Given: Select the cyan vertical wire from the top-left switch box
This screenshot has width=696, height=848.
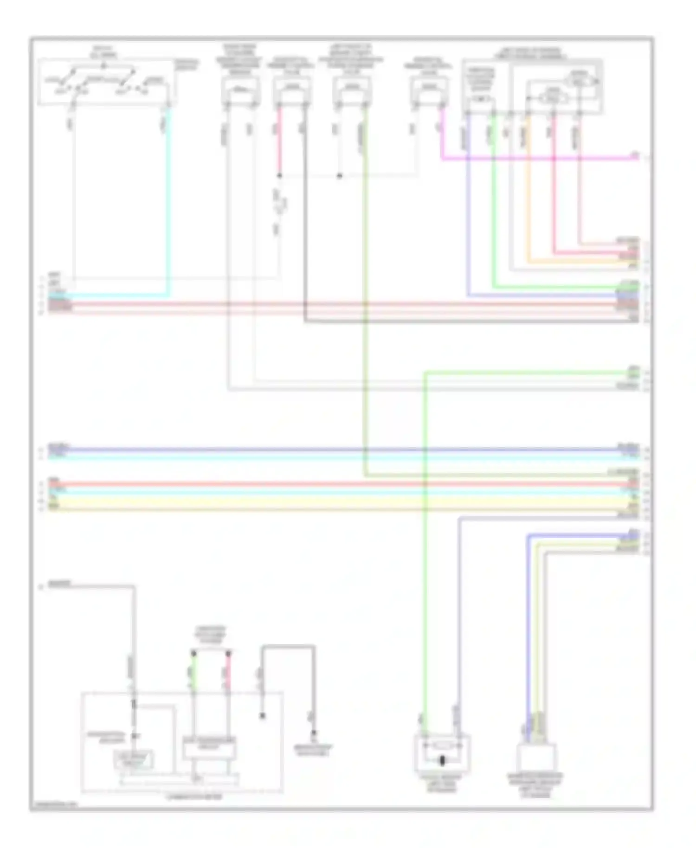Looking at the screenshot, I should pyautogui.click(x=168, y=199).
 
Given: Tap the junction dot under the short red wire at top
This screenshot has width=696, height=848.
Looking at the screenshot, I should pyautogui.click(x=279, y=176).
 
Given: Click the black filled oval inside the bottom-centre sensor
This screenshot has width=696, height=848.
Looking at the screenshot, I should pyautogui.click(x=442, y=760).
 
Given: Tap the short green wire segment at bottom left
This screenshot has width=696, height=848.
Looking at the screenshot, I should pyautogui.click(x=193, y=670).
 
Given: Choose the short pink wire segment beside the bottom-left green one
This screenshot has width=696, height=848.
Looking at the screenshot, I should pyautogui.click(x=228, y=670).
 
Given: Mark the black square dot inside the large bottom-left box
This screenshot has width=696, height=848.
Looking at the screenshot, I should pyautogui.click(x=262, y=716).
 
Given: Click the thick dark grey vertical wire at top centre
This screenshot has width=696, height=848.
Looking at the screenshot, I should pyautogui.click(x=305, y=213).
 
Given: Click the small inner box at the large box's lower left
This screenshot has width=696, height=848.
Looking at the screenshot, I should pyautogui.click(x=134, y=760).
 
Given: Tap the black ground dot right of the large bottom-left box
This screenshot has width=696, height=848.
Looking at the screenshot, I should pyautogui.click(x=314, y=733).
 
